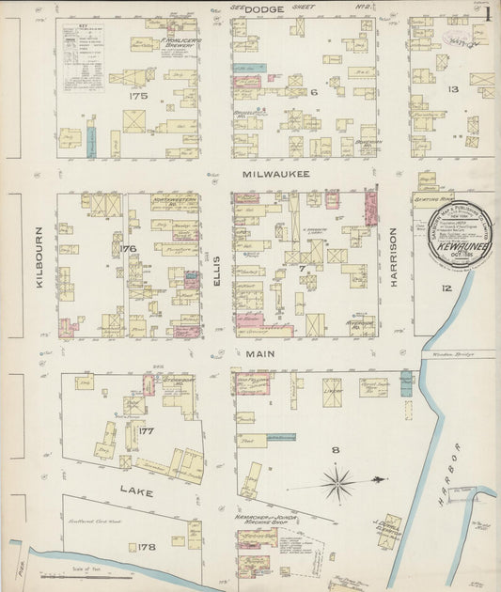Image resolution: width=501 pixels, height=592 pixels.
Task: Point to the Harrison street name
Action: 395,258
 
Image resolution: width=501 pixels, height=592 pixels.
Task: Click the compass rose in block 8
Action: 337,484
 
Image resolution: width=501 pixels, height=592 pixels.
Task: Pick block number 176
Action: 128,248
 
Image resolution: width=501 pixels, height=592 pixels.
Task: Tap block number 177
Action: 146,431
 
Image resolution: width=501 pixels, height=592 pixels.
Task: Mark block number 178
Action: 146,546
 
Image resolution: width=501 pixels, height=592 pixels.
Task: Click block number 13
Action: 452,89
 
